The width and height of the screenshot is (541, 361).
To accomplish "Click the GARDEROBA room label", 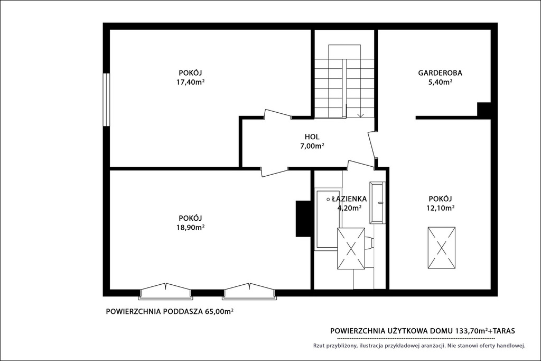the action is pyautogui.click(x=440, y=73).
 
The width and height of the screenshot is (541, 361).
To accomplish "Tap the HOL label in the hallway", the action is pyautogui.click(x=312, y=137).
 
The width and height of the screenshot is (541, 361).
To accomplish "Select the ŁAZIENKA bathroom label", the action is pyautogui.click(x=349, y=199).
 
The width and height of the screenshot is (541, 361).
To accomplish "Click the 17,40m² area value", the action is pyautogui.click(x=190, y=82).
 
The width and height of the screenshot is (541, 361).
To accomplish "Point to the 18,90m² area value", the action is pyautogui.click(x=190, y=227).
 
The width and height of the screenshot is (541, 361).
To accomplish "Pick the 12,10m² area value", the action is pyautogui.click(x=440, y=208).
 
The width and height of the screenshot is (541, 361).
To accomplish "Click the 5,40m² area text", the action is pyautogui.click(x=440, y=82).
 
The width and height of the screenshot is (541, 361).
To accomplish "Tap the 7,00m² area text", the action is pyautogui.click(x=312, y=146).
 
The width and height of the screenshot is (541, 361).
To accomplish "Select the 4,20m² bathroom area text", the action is pyautogui.click(x=349, y=208).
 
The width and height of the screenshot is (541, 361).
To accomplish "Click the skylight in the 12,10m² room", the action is pyautogui.click(x=441, y=248).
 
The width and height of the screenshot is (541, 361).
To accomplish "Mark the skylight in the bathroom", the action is pyautogui.click(x=351, y=248).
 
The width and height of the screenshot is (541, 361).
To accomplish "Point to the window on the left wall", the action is pyautogui.click(x=107, y=100).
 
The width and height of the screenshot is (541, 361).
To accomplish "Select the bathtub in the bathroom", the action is pyautogui.click(x=328, y=219).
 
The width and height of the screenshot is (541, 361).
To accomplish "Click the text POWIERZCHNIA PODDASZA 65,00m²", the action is pyautogui.click(x=170, y=311).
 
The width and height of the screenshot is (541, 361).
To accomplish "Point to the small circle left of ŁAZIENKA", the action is pyautogui.click(x=328, y=199).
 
